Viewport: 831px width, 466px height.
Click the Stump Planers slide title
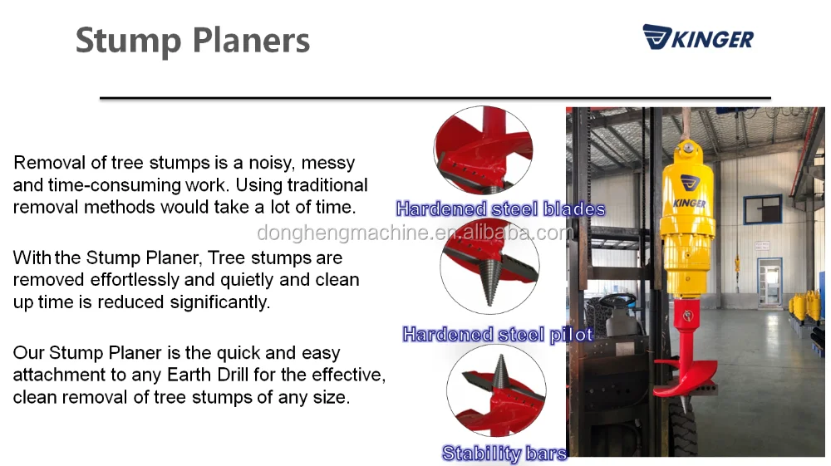tap(193, 41)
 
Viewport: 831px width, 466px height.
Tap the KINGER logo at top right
tap(698, 37)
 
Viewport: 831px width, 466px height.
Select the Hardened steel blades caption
tap(500, 208)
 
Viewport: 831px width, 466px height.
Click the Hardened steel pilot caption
tap(498, 334)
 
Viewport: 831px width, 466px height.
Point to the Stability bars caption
tap(504, 454)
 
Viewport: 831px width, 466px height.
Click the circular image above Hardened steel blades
tap(484, 150)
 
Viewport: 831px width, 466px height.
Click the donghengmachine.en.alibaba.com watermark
tap(415, 233)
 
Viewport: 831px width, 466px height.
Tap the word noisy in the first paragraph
tap(272, 163)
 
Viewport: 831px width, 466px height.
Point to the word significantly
tap(220, 302)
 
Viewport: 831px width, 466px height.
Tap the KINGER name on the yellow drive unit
tap(689, 203)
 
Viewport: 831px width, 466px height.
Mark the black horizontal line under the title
tap(435, 98)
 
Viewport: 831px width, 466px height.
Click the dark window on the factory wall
tap(763, 209)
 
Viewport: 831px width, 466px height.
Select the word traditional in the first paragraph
tap(327, 184)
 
